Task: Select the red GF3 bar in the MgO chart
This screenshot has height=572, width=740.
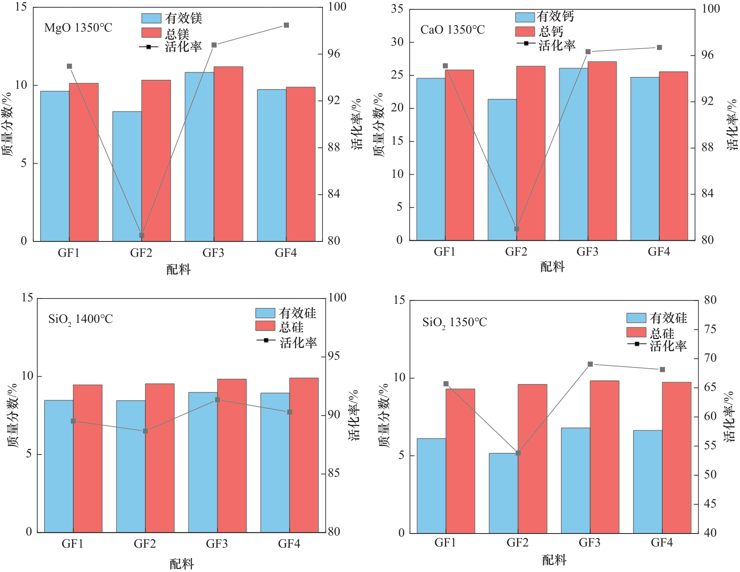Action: click(228, 154)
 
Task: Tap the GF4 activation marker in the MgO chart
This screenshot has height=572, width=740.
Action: click(286, 25)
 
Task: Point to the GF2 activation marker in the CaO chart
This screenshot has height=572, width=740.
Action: click(517, 229)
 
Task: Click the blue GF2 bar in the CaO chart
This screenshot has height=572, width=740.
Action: click(502, 170)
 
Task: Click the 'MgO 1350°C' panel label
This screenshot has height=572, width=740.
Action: click(78, 28)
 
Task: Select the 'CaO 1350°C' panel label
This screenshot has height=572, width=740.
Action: click(452, 30)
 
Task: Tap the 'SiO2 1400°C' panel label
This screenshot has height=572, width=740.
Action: click(80, 319)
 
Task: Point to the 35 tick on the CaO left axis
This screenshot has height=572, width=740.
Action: click(397, 9)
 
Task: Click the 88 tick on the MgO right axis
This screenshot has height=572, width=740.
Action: click(334, 147)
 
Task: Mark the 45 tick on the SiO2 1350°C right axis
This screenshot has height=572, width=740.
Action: click(710, 504)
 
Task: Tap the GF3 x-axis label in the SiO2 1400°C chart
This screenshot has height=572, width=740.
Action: click(217, 544)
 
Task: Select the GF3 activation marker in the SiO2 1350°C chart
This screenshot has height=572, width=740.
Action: click(590, 364)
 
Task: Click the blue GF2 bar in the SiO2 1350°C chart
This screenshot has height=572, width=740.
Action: click(503, 493)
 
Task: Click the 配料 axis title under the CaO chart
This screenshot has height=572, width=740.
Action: click(552, 267)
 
